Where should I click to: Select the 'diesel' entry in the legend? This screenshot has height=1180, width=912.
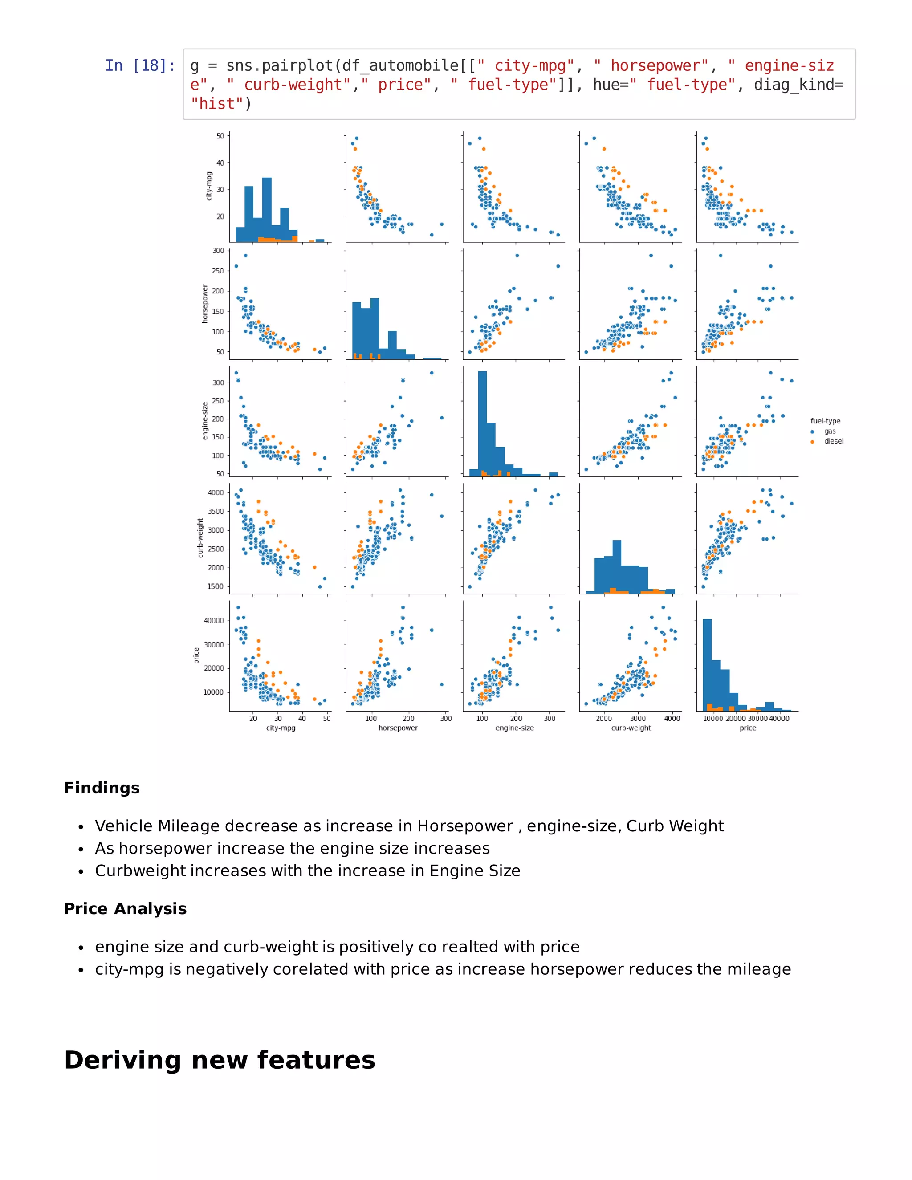833,441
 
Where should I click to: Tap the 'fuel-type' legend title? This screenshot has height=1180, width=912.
825,421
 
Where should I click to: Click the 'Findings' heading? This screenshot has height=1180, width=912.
102,788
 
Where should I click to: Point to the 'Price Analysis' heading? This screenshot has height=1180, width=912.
125,909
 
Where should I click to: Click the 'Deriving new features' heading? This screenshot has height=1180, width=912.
220,1061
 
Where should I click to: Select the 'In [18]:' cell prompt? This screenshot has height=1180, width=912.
140,65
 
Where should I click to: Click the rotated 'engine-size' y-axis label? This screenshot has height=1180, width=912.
205,421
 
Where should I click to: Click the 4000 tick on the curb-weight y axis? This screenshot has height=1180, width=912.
216,493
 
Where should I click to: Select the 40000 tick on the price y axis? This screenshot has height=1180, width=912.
213,621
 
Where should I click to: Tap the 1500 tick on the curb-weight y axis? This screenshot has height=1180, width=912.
216,586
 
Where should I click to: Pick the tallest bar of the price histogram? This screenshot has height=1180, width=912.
707,664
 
